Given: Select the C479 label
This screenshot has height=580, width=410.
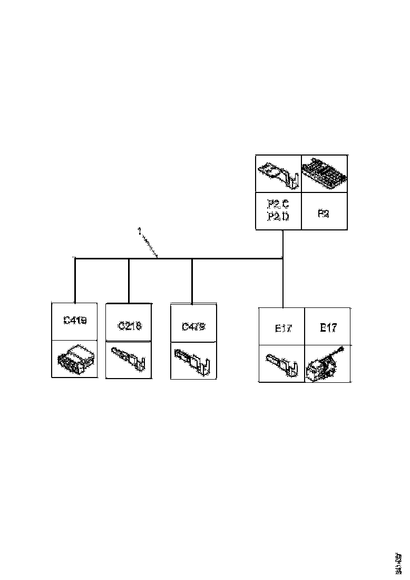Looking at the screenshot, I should (193, 326).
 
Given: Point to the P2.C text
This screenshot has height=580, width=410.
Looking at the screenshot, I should (278, 204).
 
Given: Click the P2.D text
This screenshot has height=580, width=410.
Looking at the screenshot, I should (278, 217).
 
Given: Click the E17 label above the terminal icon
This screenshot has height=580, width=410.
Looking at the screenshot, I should (283, 328).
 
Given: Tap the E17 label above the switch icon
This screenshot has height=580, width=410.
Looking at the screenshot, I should (328, 327).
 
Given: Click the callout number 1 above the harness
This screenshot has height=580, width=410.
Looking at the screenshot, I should (139, 231).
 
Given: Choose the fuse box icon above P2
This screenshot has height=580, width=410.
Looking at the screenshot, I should (324, 173).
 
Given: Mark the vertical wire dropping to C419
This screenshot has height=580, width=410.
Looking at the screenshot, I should (75, 279).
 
